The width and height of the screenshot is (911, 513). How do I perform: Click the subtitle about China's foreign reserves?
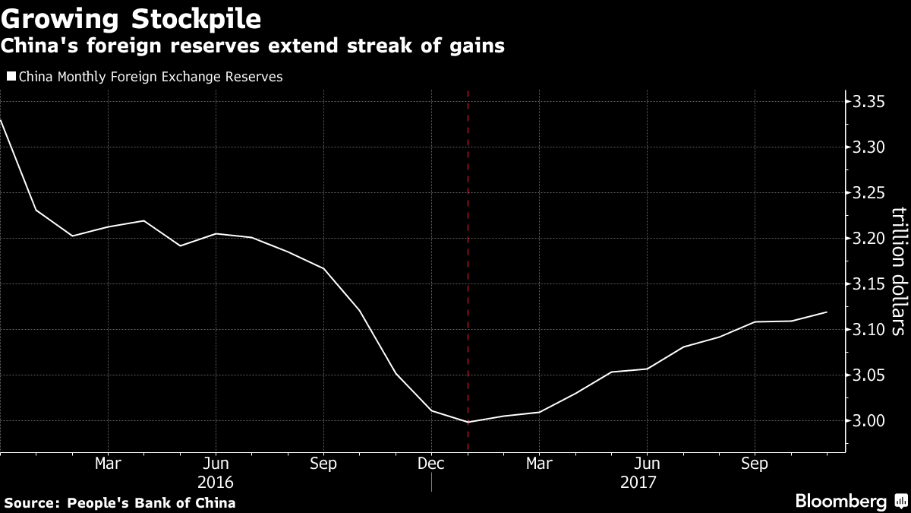point(253,46)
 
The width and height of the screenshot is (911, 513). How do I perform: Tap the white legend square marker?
point(11,77)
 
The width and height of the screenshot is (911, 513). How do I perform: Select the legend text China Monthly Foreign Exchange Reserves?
point(150,77)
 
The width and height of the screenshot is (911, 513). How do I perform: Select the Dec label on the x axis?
point(431,463)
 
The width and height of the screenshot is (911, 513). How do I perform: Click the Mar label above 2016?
point(108,463)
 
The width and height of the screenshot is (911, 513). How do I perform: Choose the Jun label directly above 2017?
point(647,463)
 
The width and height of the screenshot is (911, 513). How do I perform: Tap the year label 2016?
point(216,483)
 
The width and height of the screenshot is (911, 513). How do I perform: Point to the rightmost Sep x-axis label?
point(755,463)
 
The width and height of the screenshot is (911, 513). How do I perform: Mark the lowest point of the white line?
point(468,422)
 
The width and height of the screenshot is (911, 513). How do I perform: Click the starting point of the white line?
point(1,120)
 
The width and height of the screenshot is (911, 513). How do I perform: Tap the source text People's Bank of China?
point(119,502)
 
